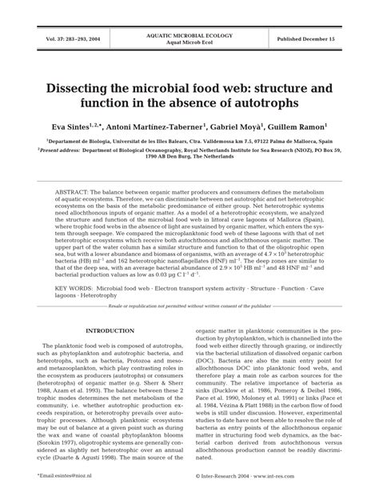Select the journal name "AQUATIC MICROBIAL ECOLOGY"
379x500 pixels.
[x=189, y=35]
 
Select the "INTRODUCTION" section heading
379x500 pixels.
[x=109, y=309]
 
